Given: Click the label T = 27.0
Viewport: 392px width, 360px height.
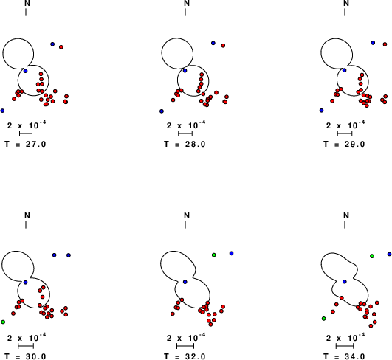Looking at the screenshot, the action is (25, 144).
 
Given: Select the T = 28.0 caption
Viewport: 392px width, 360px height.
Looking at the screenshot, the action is (185, 144).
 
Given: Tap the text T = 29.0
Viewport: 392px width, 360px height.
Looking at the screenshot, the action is (344, 144).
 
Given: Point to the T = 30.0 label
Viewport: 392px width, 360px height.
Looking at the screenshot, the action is (25, 356).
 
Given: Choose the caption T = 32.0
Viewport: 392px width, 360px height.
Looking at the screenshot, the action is (185, 356).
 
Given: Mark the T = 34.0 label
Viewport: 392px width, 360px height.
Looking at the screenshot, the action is (344, 356).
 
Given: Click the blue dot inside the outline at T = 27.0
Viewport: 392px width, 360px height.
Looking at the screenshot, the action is (26, 71).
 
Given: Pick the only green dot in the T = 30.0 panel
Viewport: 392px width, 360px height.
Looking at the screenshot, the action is (3, 322).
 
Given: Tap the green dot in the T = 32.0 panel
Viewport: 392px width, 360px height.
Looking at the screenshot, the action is (214, 255).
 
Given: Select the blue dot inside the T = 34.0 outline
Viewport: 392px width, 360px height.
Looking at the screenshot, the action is (345, 282).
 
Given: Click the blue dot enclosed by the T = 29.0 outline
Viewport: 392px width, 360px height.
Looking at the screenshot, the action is (345, 70).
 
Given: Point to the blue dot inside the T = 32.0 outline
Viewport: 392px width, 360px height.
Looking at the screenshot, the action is (185, 282).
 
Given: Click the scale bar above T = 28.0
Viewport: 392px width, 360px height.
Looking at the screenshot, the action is (185, 134).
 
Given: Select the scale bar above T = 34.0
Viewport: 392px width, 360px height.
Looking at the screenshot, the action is (345, 346).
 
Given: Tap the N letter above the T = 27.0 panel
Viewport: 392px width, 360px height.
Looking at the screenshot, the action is (27, 3).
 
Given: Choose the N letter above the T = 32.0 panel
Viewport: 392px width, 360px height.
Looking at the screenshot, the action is (187, 215).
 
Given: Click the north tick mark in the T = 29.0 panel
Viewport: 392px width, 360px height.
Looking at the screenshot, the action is (345, 13).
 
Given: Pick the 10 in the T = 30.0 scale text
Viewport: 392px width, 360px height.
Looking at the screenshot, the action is (33, 338).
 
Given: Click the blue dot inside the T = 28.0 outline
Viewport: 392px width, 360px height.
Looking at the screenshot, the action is (185, 71).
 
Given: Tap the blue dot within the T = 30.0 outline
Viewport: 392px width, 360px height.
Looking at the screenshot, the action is (26, 283).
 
